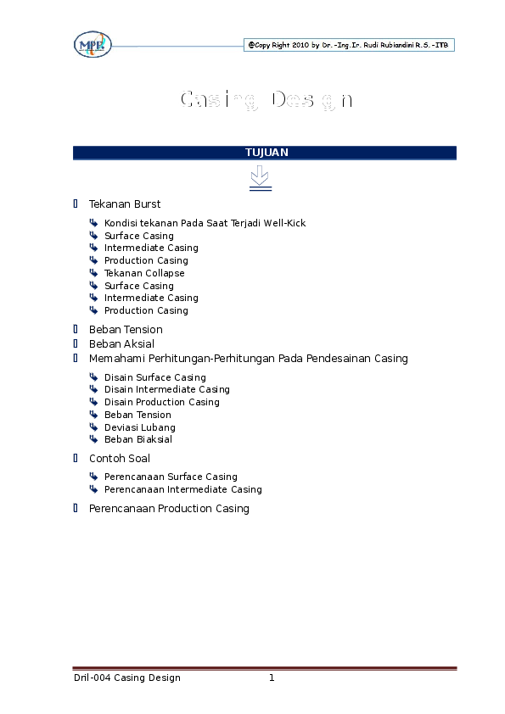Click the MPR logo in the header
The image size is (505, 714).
[93, 45]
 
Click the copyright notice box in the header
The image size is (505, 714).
[349, 45]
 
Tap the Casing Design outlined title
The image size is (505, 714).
[267, 100]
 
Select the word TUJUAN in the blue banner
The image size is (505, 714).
[267, 153]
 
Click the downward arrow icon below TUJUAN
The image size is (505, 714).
[261, 178]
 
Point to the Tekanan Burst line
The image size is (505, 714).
[125, 204]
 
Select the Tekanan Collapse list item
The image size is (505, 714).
[144, 273]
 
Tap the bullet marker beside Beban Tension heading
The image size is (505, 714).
[76, 329]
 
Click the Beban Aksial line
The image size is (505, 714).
[121, 343]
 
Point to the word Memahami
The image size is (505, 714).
[117, 359]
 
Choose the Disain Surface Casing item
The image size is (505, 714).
[155, 377]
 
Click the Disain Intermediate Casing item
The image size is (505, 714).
[167, 389]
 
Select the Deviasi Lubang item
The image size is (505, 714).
[140, 427]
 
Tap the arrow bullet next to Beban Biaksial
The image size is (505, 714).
[93, 439]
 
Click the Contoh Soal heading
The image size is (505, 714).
[120, 459]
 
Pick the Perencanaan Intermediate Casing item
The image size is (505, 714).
[183, 489]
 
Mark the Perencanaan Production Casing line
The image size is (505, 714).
[169, 509]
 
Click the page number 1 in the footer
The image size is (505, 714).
[272, 678]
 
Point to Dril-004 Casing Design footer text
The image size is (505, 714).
[127, 678]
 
